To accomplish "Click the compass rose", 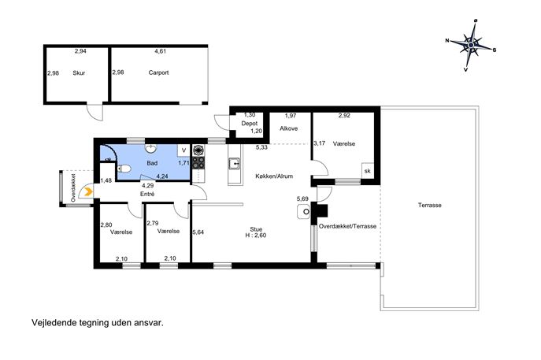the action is [x=471, y=45].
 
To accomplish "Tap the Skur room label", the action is [x=79, y=72].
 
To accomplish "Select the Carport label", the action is [x=159, y=72].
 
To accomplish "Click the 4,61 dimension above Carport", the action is [x=160, y=51].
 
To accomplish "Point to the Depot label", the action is [x=250, y=123].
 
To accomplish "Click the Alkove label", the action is [x=289, y=128].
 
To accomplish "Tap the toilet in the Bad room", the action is [x=124, y=169].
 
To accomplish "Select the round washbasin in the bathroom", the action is [x=150, y=148].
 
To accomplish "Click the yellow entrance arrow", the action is [x=88, y=191].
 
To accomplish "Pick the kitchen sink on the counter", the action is [x=235, y=163].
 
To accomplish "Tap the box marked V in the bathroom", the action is [x=184, y=150].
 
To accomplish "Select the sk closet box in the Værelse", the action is [x=368, y=171].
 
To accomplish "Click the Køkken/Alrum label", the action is [x=274, y=176].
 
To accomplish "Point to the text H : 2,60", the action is [x=256, y=236].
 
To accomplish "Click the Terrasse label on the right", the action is [x=430, y=205].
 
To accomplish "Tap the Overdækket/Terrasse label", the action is [x=348, y=226].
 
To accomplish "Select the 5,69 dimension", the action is [x=302, y=199].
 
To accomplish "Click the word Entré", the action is [x=147, y=195].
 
